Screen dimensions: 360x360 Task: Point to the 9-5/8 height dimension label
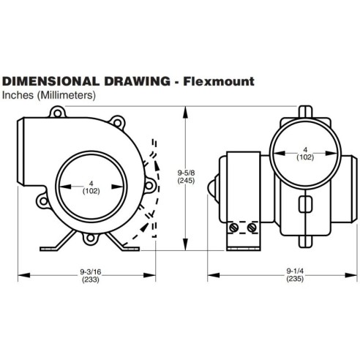click(189, 173)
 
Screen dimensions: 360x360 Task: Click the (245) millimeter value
click(189, 182)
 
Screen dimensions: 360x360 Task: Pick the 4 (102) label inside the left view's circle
click(91, 187)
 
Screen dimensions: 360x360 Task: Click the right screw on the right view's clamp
click(252, 229)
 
